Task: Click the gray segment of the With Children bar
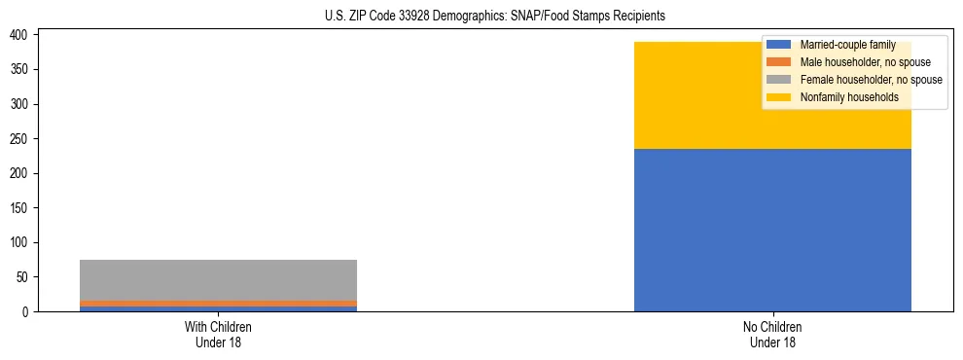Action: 218,280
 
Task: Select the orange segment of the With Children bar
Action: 218,304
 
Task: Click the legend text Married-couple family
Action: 847,45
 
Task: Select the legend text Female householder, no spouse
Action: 871,80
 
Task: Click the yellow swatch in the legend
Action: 779,97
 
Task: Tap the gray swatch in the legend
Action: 779,80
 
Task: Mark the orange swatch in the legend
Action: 779,62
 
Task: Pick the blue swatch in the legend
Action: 779,45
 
